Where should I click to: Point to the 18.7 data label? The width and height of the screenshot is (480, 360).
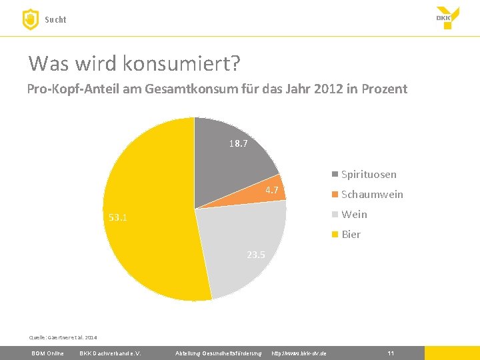(x=239, y=143)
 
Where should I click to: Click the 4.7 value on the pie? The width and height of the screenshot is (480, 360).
(x=272, y=190)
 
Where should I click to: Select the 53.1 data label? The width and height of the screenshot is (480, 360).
(x=118, y=217)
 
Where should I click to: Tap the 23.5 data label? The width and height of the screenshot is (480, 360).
(x=256, y=255)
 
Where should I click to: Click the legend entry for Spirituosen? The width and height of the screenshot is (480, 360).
(x=364, y=174)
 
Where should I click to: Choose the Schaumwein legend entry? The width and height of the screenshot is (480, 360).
(x=367, y=194)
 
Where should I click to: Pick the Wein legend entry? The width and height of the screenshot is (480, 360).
(x=349, y=214)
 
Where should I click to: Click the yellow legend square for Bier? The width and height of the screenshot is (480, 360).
(x=335, y=235)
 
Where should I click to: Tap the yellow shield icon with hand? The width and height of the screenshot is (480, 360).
(x=31, y=19)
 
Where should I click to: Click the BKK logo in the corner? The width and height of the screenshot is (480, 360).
(x=447, y=18)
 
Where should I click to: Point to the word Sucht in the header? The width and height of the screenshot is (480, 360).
(x=55, y=19)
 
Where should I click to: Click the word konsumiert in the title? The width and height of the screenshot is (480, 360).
(x=181, y=63)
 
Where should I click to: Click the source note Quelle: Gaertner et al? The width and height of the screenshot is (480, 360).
(x=63, y=337)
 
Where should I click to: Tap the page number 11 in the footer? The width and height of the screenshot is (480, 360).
(x=391, y=353)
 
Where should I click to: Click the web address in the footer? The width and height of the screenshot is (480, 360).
(x=299, y=353)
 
